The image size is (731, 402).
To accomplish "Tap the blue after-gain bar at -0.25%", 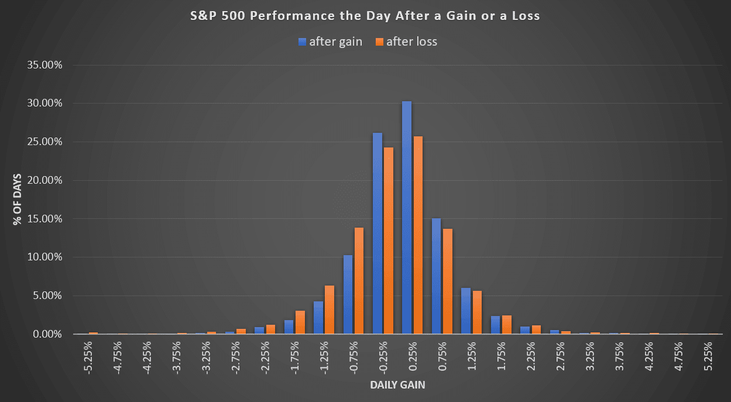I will coord(377,233).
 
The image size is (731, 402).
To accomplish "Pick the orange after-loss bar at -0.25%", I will coord(388,240).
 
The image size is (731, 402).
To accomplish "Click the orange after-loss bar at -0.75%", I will coord(359,281).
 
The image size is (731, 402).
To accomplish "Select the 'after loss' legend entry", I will coord(407,42).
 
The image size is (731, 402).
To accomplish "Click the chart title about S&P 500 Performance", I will coord(365,16).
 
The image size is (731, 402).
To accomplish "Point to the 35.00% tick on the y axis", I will coord(45,65).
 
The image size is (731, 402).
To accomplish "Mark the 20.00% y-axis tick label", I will coord(45,180).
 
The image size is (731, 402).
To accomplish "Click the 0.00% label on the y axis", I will coord(47,334).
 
